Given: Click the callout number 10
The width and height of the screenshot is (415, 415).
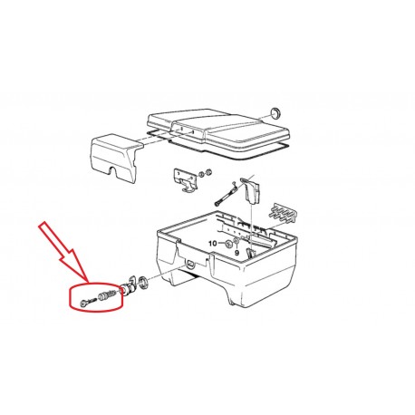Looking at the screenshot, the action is tap(213, 243).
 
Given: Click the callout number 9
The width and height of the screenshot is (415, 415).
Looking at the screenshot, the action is tap(236, 253).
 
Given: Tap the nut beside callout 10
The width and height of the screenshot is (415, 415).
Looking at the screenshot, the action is tap(228, 243).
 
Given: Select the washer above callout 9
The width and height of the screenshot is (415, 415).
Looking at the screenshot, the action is tap(236, 241).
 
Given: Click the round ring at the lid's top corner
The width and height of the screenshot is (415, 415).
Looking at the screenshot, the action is tap(275, 112).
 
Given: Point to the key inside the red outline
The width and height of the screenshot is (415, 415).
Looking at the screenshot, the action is tap(88, 302).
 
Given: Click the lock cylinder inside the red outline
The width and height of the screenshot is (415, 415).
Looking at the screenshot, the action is tap(107, 294).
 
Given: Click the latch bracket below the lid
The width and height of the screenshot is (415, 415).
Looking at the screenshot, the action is tap(183, 179).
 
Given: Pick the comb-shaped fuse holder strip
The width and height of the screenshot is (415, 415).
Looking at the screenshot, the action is tap(282, 213).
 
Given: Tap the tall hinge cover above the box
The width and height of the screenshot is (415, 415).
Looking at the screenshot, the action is tap(251, 190).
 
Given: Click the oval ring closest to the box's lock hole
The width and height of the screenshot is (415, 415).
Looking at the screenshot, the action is tap(142, 282).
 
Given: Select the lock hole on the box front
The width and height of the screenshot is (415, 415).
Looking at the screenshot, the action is tap(191, 264).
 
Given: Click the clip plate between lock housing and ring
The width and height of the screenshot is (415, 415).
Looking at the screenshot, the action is tap(133, 282).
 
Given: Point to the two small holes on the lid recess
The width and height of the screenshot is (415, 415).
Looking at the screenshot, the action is tap(188, 130).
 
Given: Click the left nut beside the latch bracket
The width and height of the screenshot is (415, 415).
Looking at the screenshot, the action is tap(201, 174).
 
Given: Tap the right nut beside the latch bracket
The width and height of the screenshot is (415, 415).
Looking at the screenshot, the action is tap(208, 172).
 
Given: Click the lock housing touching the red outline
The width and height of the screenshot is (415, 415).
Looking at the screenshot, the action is tap(126, 289).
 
